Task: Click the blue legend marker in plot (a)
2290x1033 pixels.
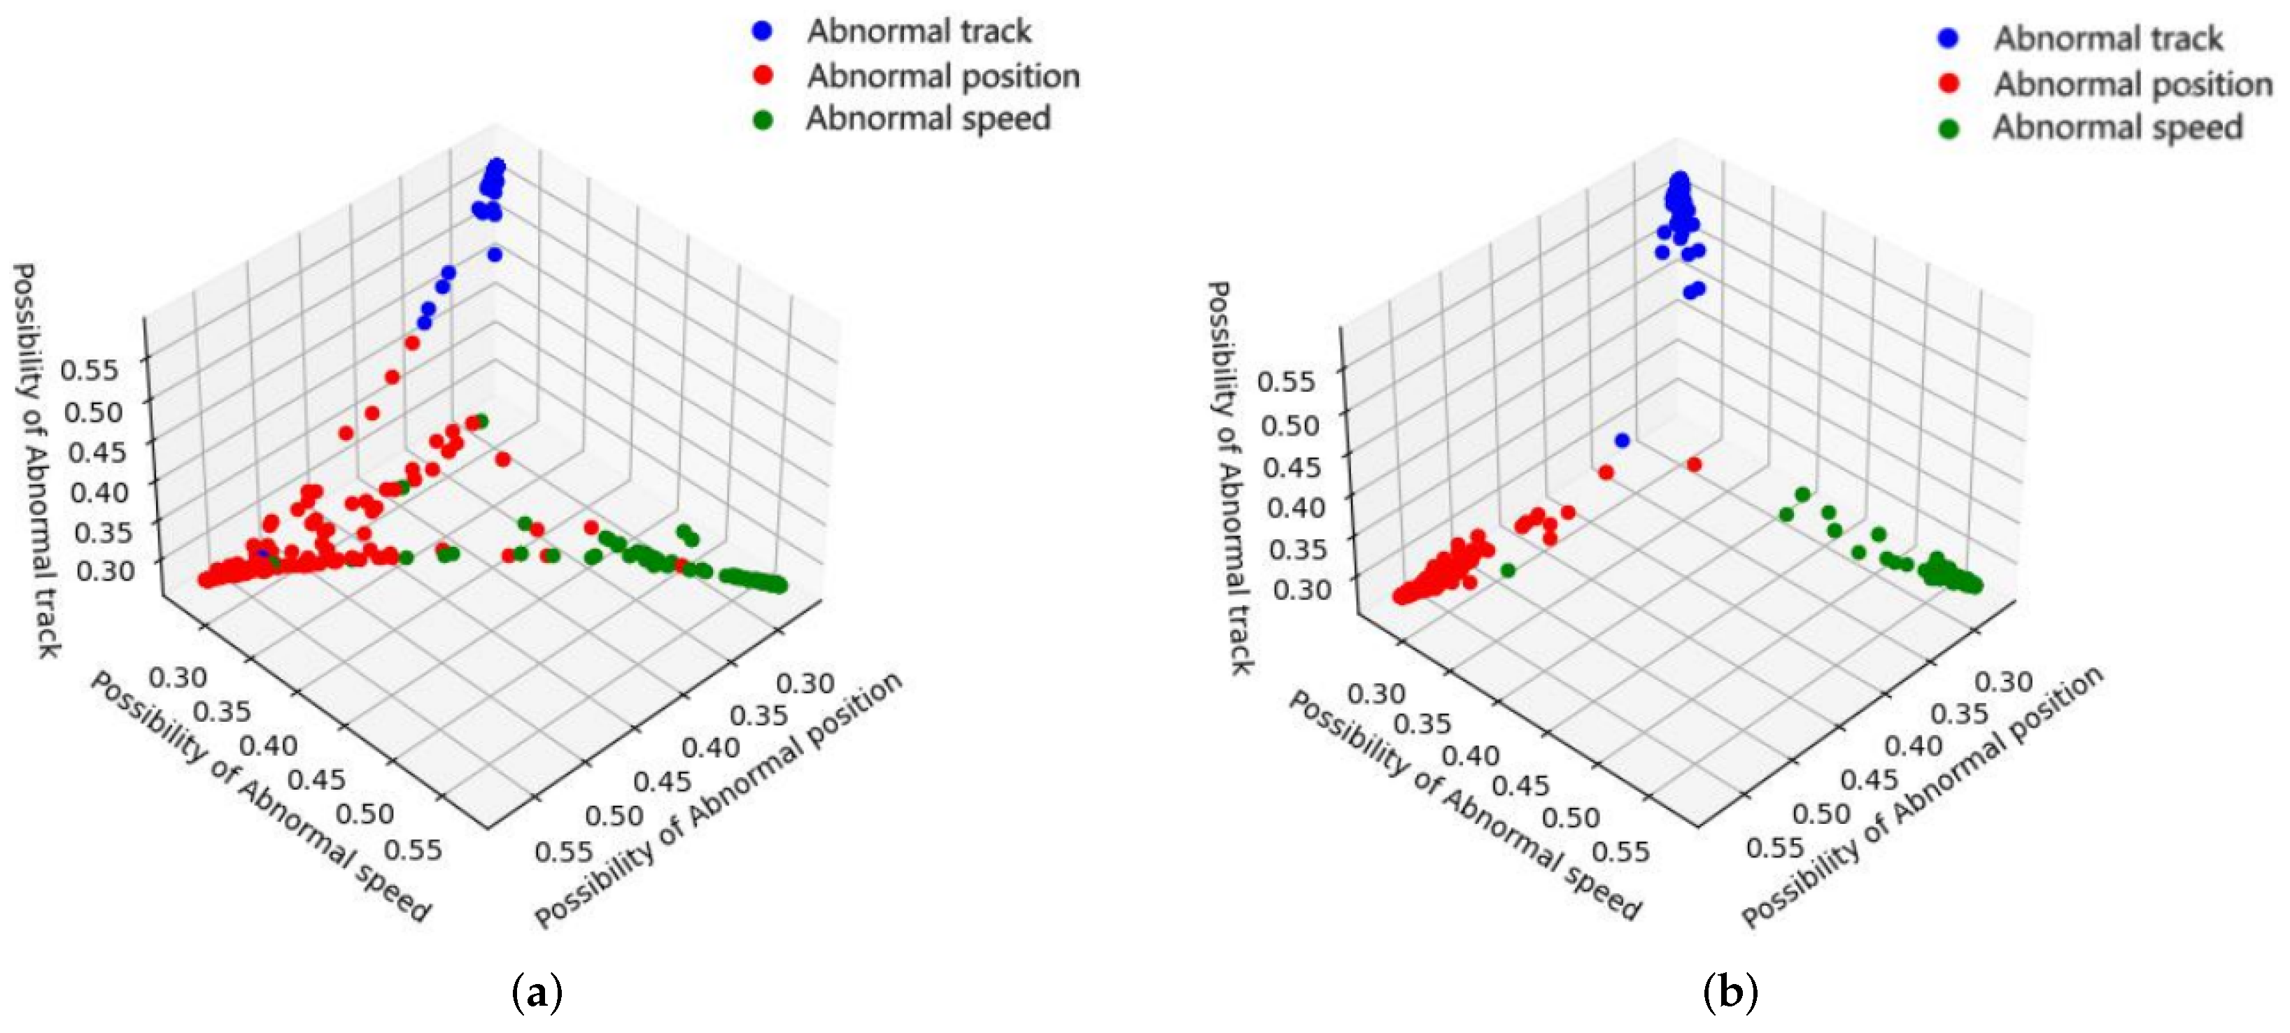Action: pyautogui.click(x=762, y=31)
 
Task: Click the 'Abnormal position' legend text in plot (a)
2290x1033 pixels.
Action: pyautogui.click(x=942, y=76)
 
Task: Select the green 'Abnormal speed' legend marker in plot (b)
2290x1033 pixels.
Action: pyautogui.click(x=1949, y=129)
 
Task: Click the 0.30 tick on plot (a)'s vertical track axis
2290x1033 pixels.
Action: pyautogui.click(x=104, y=569)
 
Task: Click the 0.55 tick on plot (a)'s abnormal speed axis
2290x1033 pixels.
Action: pyautogui.click(x=414, y=849)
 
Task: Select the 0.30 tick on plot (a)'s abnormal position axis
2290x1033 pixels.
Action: pyautogui.click(x=805, y=683)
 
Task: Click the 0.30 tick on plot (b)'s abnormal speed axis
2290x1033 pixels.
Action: pyautogui.click(x=1376, y=692)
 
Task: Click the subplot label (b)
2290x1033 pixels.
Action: pyautogui.click(x=1730, y=991)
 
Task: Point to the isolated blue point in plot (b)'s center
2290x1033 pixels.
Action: pyautogui.click(x=1622, y=440)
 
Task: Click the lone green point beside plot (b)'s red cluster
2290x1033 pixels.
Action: pyautogui.click(x=1507, y=571)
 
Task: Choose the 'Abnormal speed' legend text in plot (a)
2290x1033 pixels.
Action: pyautogui.click(x=928, y=119)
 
